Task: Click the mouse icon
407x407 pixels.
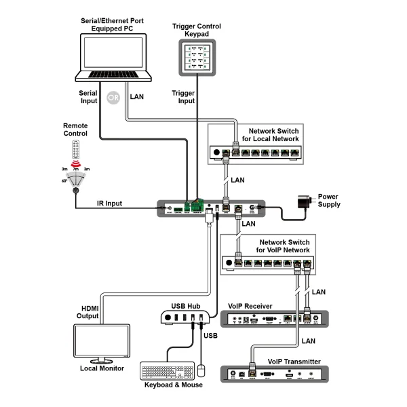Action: tap(201, 370)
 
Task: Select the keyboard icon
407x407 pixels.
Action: tap(166, 372)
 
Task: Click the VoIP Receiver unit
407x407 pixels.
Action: tap(275, 319)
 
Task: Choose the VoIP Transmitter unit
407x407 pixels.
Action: tap(275, 372)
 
